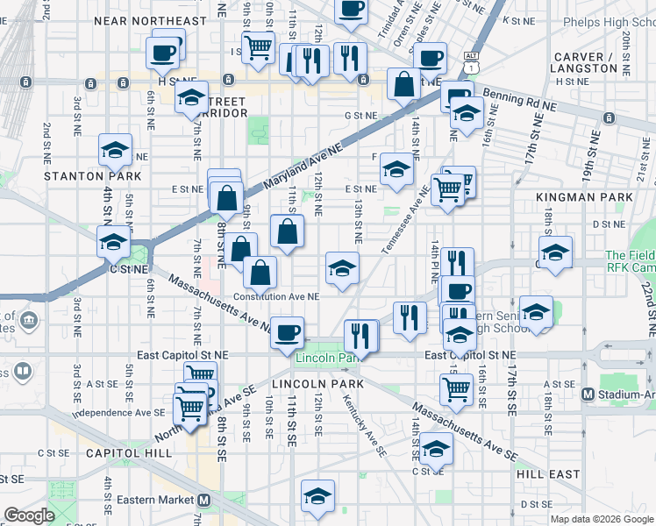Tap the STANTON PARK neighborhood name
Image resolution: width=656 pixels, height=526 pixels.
click(82, 175)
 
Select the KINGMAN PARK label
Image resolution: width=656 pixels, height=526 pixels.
click(605, 198)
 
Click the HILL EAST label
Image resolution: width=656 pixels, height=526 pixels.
click(548, 473)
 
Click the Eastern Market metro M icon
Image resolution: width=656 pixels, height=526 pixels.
click(203, 500)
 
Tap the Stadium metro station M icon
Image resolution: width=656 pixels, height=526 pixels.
click(588, 394)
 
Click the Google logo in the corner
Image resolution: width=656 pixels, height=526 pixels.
click(29, 515)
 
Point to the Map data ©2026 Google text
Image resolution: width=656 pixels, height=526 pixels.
click(601, 519)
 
